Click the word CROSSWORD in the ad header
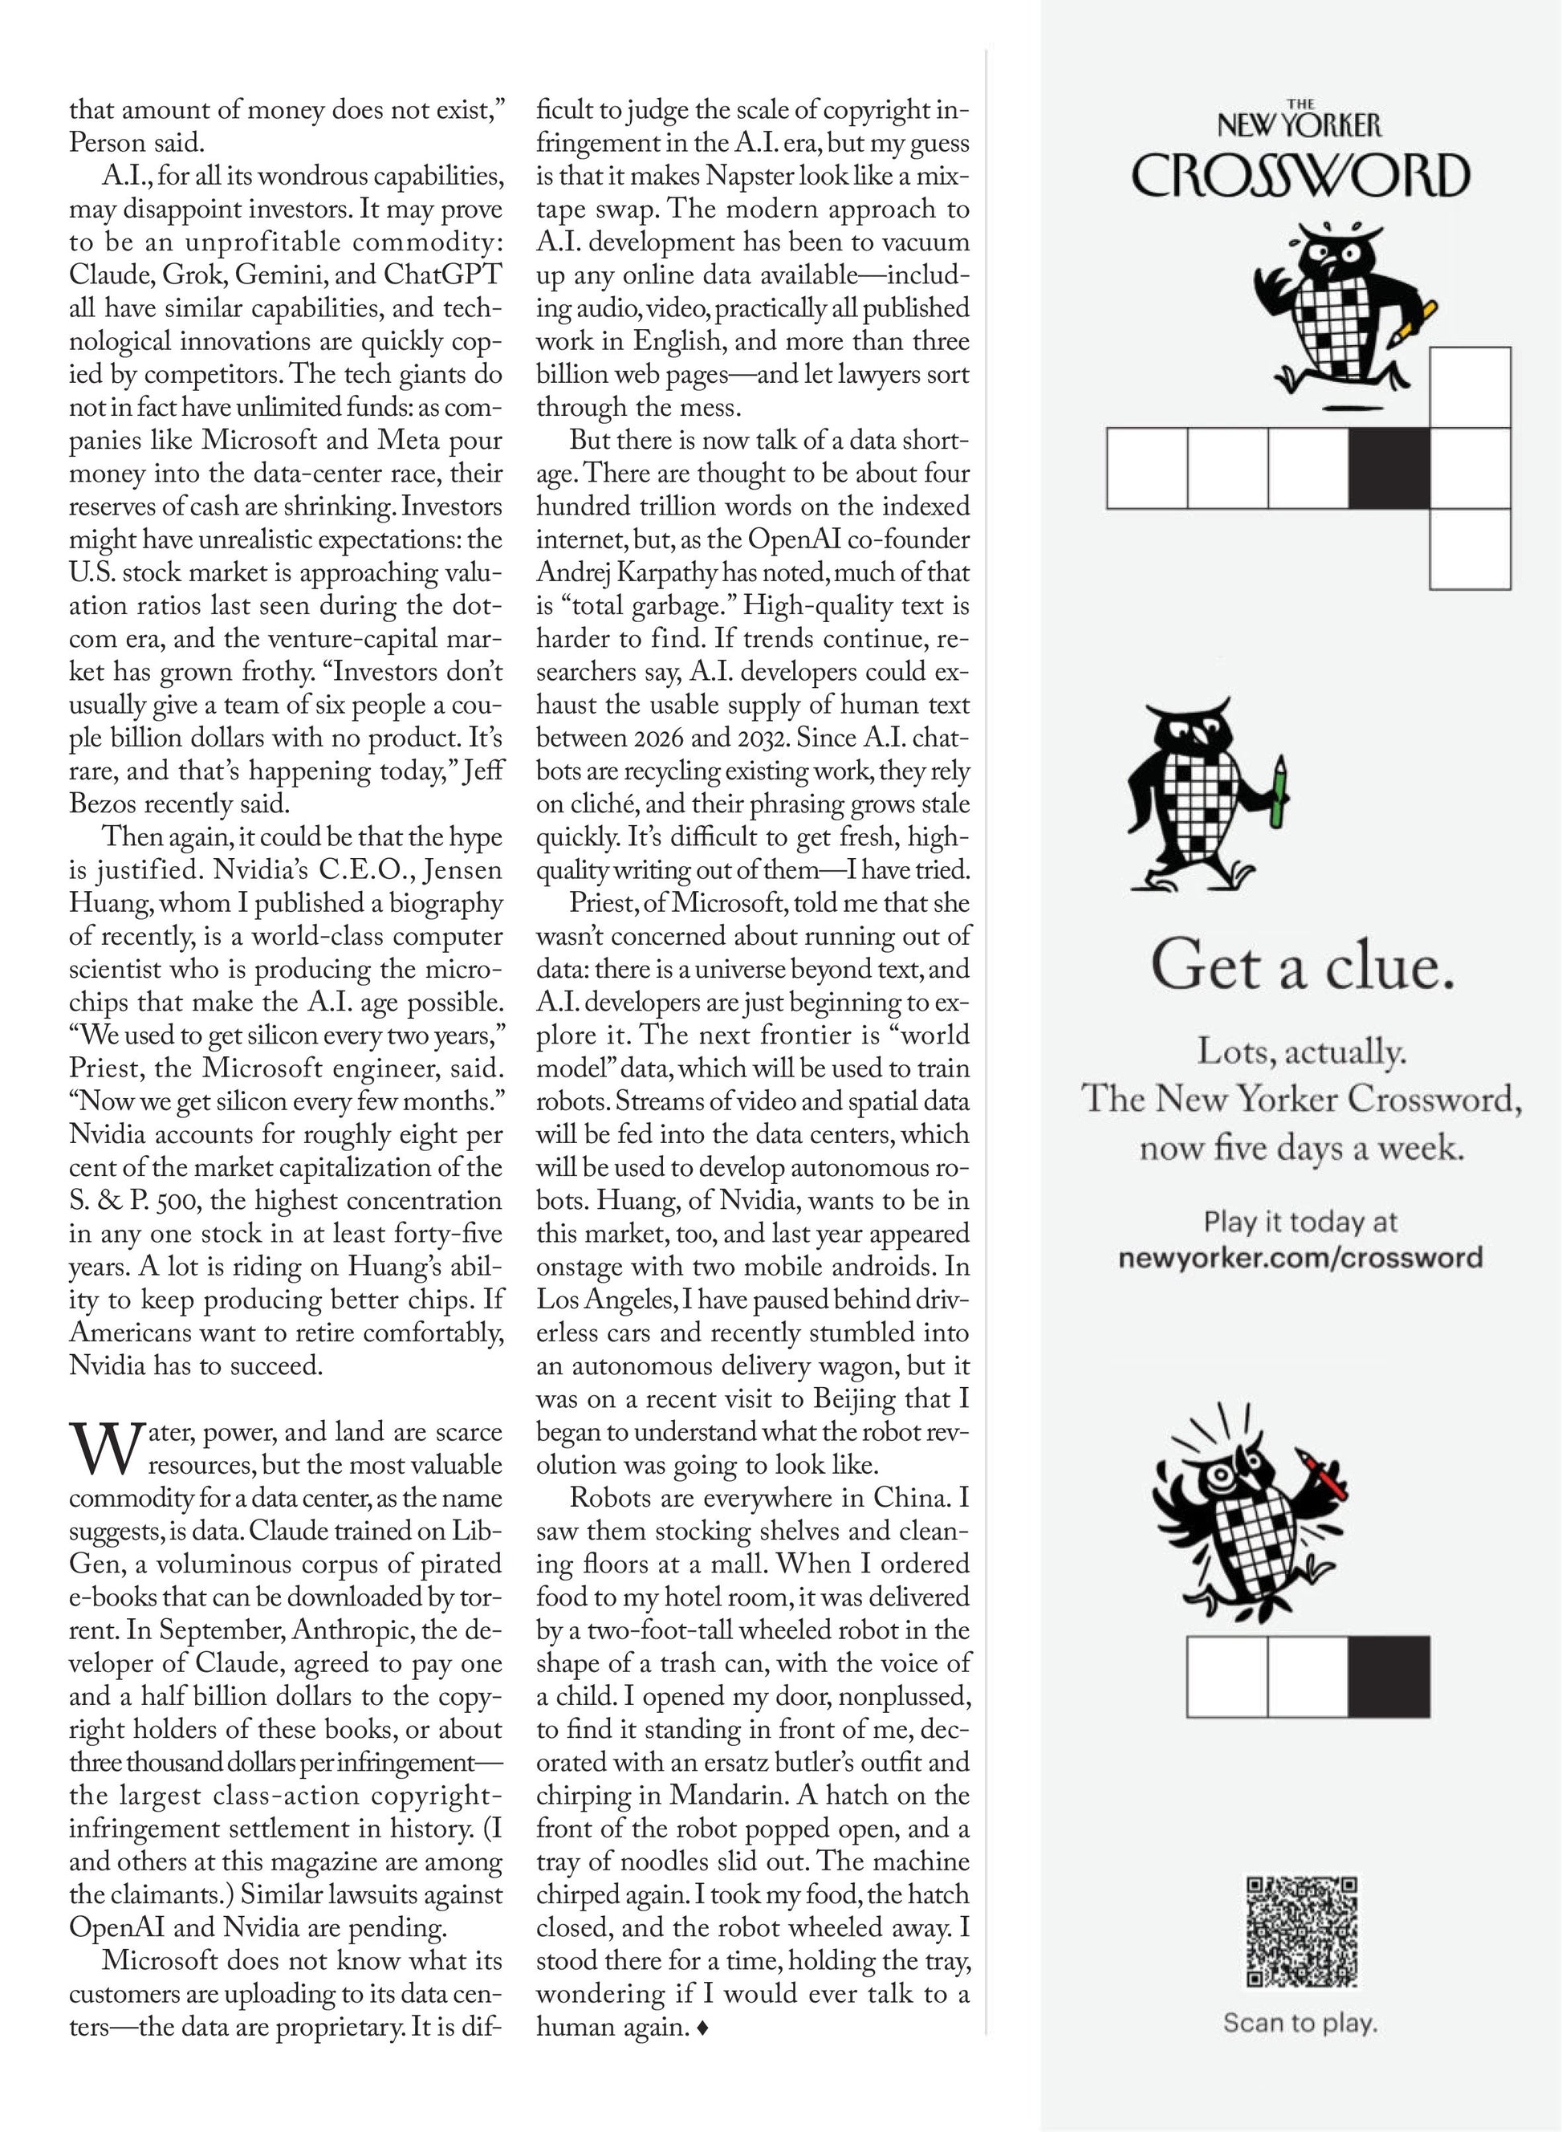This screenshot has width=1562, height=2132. [1301, 177]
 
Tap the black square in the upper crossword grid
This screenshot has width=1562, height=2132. [1389, 468]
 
